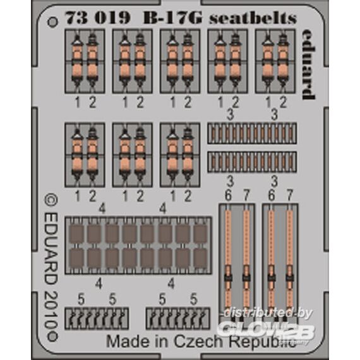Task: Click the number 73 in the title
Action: coord(76,18)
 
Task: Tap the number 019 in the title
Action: coord(112,18)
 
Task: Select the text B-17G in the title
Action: coord(172,18)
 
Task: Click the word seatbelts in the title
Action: coord(253,18)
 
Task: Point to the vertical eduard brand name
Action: coord(308,64)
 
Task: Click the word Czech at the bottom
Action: coord(198,342)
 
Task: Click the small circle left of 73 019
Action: coord(52,22)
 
